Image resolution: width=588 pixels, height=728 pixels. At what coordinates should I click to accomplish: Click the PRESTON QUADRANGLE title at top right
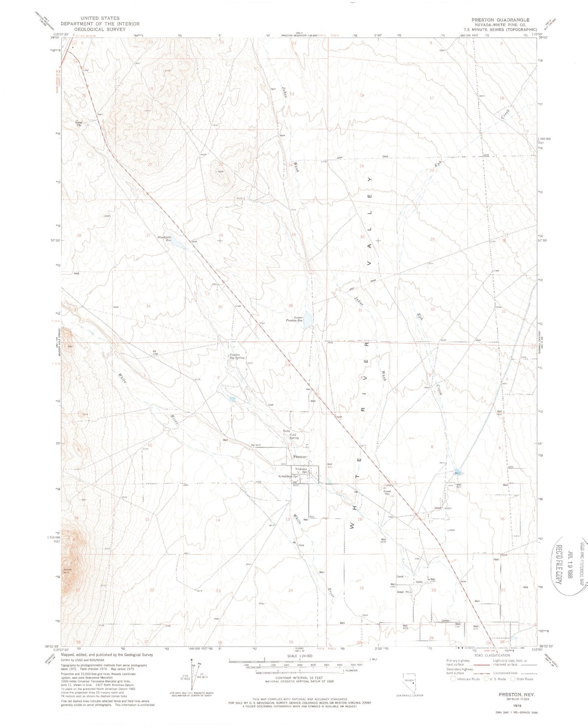pos(500,20)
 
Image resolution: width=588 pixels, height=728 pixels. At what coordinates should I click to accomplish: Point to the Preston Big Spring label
pos(237,356)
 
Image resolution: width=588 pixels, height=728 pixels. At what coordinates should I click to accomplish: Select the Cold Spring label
pos(294,436)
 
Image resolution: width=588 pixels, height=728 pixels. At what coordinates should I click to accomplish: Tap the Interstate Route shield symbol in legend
pos(453,679)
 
